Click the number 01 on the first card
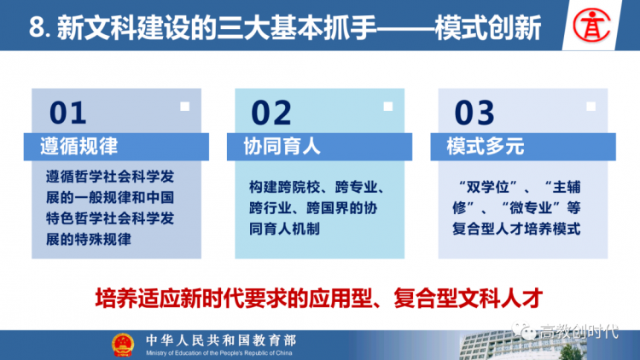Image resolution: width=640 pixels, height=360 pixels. (67, 113)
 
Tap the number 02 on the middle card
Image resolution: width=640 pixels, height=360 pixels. (271, 113)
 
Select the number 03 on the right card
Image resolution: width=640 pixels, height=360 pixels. (474, 113)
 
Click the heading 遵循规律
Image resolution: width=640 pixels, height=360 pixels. (79, 147)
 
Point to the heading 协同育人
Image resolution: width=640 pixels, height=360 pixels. (282, 147)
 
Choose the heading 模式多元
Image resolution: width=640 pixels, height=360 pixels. (486, 147)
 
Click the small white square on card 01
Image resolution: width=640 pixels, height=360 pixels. (185, 107)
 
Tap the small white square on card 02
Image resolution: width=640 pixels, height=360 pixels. (388, 107)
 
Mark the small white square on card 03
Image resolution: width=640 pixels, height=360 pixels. (591, 107)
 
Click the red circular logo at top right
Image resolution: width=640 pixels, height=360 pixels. (591, 26)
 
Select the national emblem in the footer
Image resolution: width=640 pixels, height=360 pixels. (123, 345)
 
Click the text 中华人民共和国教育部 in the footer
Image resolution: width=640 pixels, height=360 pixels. (221, 340)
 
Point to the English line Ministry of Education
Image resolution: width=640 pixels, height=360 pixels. (219, 353)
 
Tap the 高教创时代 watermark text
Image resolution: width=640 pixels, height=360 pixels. (579, 332)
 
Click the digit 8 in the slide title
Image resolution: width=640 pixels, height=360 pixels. (37, 28)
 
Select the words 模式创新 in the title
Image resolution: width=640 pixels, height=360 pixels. (488, 28)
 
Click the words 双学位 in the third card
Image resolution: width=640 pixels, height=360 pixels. (488, 188)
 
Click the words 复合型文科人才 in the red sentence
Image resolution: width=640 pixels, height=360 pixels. (468, 299)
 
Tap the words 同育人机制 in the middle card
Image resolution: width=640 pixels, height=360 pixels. (284, 229)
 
